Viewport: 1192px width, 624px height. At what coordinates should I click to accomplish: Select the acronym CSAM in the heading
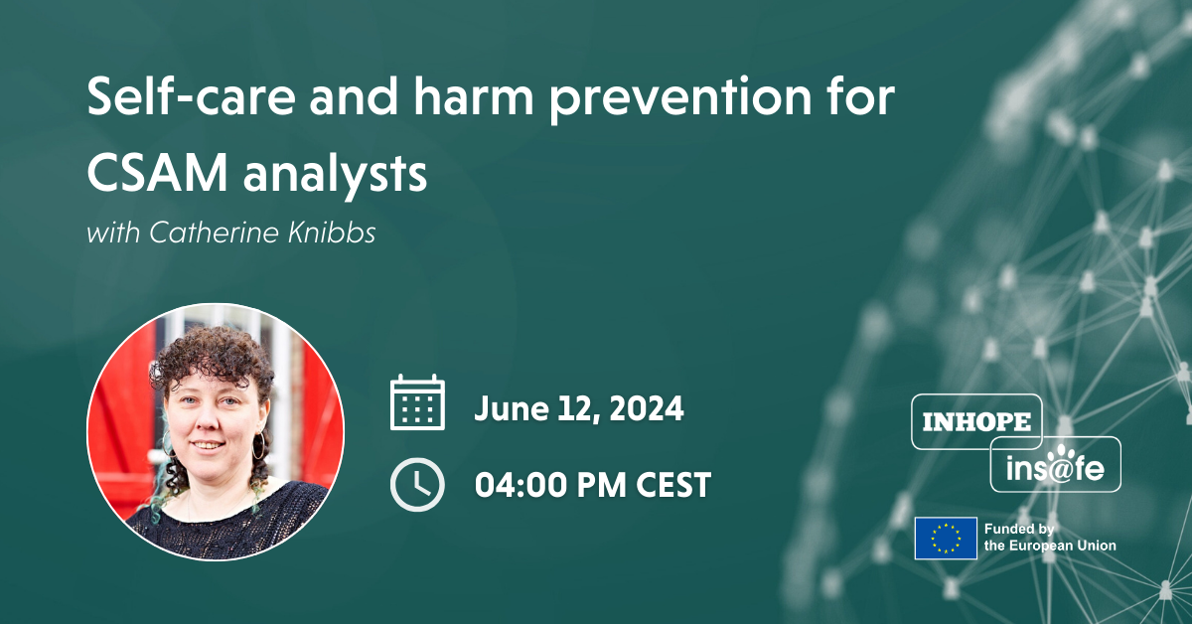155,174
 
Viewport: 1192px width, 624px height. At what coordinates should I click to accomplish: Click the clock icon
417,484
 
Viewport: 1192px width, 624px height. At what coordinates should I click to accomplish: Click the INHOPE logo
976,421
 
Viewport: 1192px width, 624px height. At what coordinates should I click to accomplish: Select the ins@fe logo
1055,464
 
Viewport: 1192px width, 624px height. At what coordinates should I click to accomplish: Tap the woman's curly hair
214,348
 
